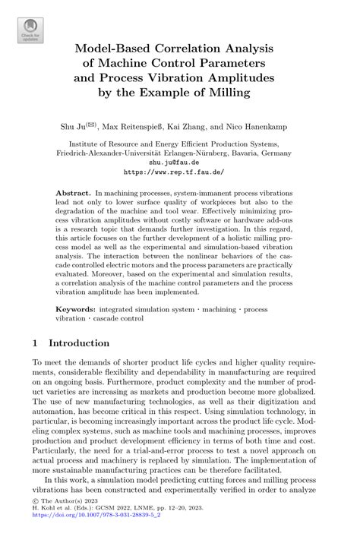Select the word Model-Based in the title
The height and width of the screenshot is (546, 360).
click(x=121, y=48)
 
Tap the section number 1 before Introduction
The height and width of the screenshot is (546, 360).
click(x=36, y=343)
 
